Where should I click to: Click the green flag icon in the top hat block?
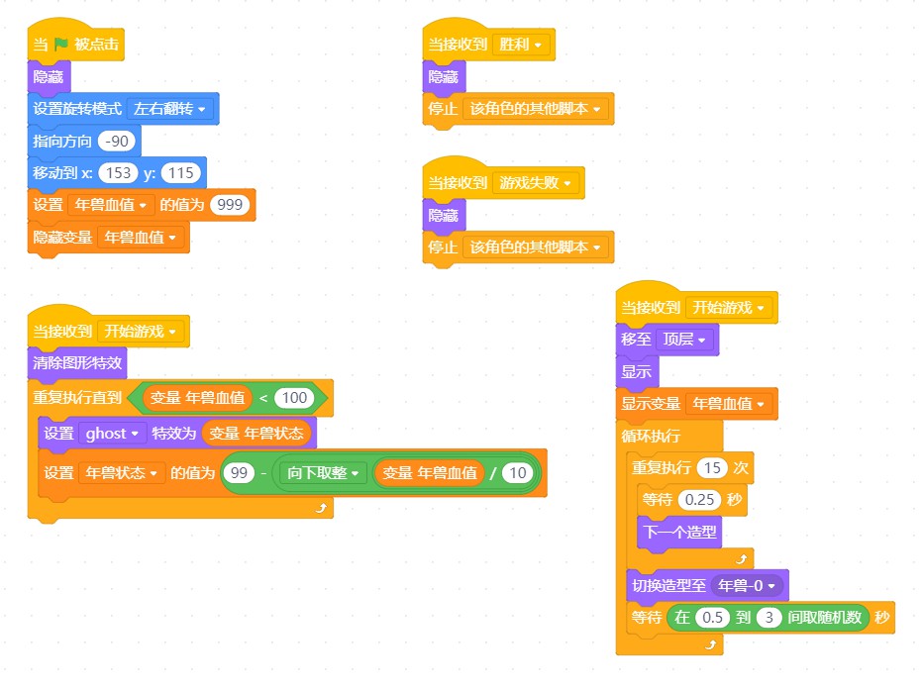(61, 45)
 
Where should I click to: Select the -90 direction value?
(117, 142)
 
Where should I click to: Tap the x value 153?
(118, 173)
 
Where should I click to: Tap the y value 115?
(180, 173)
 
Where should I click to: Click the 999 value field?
(230, 205)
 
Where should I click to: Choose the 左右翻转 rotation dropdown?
(169, 109)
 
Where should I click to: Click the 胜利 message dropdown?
(520, 45)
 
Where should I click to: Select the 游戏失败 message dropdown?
(535, 183)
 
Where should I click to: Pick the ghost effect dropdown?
(112, 435)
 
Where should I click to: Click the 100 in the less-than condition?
(294, 398)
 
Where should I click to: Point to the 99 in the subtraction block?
(239, 473)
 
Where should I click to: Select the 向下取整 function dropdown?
(323, 473)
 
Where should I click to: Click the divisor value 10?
(517, 473)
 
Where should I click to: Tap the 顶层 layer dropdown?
(684, 340)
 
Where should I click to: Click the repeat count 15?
(712, 468)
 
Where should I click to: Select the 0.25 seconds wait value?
(699, 500)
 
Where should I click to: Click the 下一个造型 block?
(679, 533)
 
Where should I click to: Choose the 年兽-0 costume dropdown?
(747, 586)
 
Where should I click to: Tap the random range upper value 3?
(769, 618)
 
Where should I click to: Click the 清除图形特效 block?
(77, 363)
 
